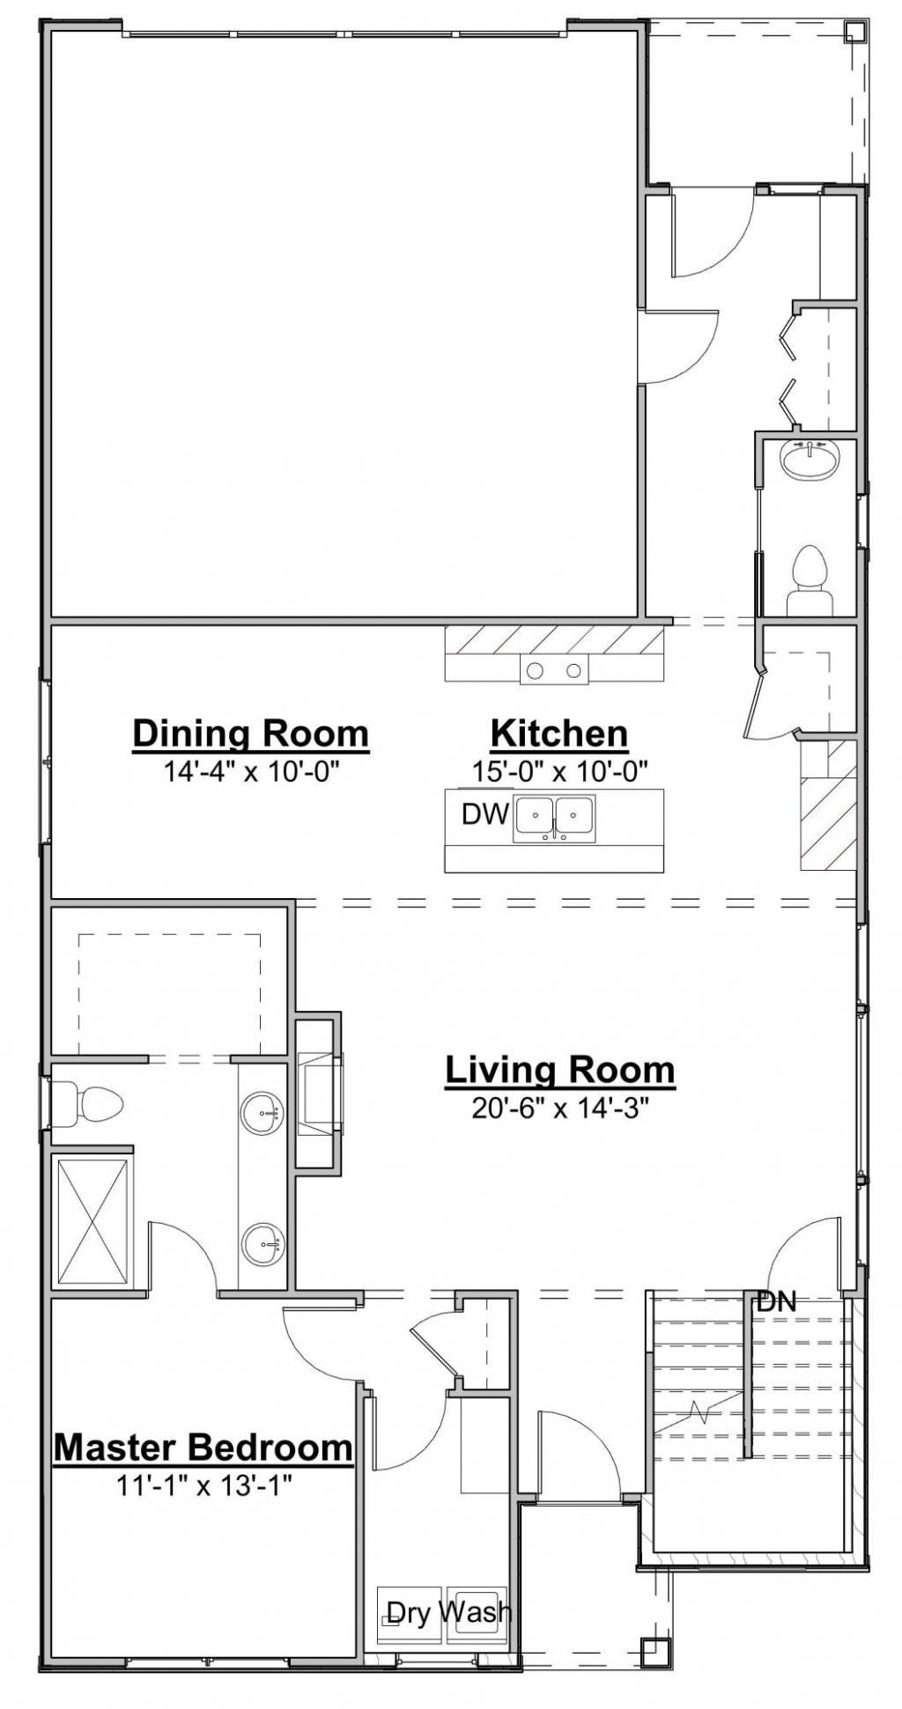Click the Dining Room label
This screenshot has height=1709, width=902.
point(250,733)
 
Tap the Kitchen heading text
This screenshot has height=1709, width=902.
point(559,733)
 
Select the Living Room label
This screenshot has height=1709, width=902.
point(560,1070)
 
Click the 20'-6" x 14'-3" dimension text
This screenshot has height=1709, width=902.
point(560,1108)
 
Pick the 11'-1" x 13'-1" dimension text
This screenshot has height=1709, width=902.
point(203,1485)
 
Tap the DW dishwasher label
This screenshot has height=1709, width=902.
point(486,814)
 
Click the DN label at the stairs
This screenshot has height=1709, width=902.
point(776,1302)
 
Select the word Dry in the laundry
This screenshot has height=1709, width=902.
point(409,1612)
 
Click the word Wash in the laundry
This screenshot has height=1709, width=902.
point(474,1611)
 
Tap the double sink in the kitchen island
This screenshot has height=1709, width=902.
point(555,817)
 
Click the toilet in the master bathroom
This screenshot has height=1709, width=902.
point(87,1104)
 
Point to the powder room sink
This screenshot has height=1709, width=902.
point(810,460)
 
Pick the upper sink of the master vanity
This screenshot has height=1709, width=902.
point(262,1114)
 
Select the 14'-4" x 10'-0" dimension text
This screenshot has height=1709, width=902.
point(252,772)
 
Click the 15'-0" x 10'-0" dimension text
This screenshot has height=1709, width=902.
point(560,772)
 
